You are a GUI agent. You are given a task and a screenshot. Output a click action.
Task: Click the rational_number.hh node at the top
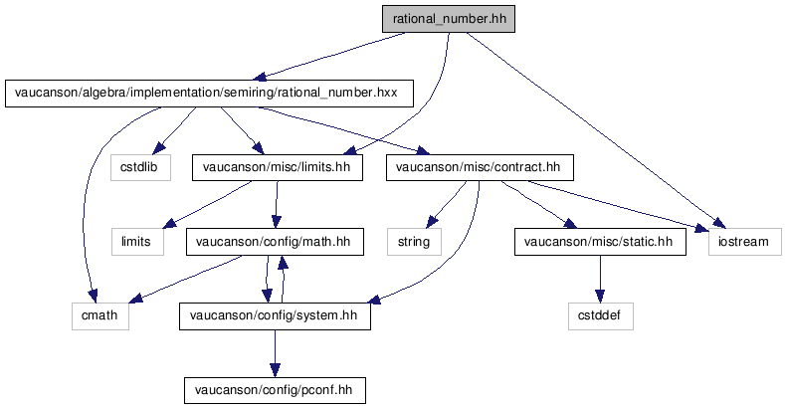click(449, 19)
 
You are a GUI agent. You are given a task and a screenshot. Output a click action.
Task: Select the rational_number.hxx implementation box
click(209, 94)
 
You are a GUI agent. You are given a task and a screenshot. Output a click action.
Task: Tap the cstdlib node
click(140, 167)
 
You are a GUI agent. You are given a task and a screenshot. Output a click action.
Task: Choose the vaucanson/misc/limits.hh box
click(278, 167)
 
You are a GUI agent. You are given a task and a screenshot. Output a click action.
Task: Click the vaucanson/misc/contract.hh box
click(481, 167)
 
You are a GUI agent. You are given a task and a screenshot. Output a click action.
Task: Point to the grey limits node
click(137, 242)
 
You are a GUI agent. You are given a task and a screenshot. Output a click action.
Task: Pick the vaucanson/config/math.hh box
click(275, 242)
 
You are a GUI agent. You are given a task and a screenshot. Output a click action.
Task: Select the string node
click(414, 242)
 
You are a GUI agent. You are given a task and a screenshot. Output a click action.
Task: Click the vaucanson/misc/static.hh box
click(600, 242)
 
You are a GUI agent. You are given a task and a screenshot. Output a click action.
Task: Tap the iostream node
click(745, 242)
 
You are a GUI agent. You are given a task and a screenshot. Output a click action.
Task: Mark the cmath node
click(100, 315)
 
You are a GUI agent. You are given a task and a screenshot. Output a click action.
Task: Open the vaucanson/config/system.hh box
click(275, 315)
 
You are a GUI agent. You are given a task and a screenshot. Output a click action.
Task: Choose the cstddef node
click(600, 315)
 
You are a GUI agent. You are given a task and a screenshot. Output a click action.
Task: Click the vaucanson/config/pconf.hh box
click(275, 390)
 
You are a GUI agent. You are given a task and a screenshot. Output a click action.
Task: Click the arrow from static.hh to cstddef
click(600, 279)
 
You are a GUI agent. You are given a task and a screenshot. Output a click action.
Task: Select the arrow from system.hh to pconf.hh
click(275, 353)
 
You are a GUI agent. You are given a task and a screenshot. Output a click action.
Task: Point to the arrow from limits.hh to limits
click(208, 204)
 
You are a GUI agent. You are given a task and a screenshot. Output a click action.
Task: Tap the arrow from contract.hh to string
click(447, 204)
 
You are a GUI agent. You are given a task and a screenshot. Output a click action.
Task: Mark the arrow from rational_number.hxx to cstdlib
click(174, 129)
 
